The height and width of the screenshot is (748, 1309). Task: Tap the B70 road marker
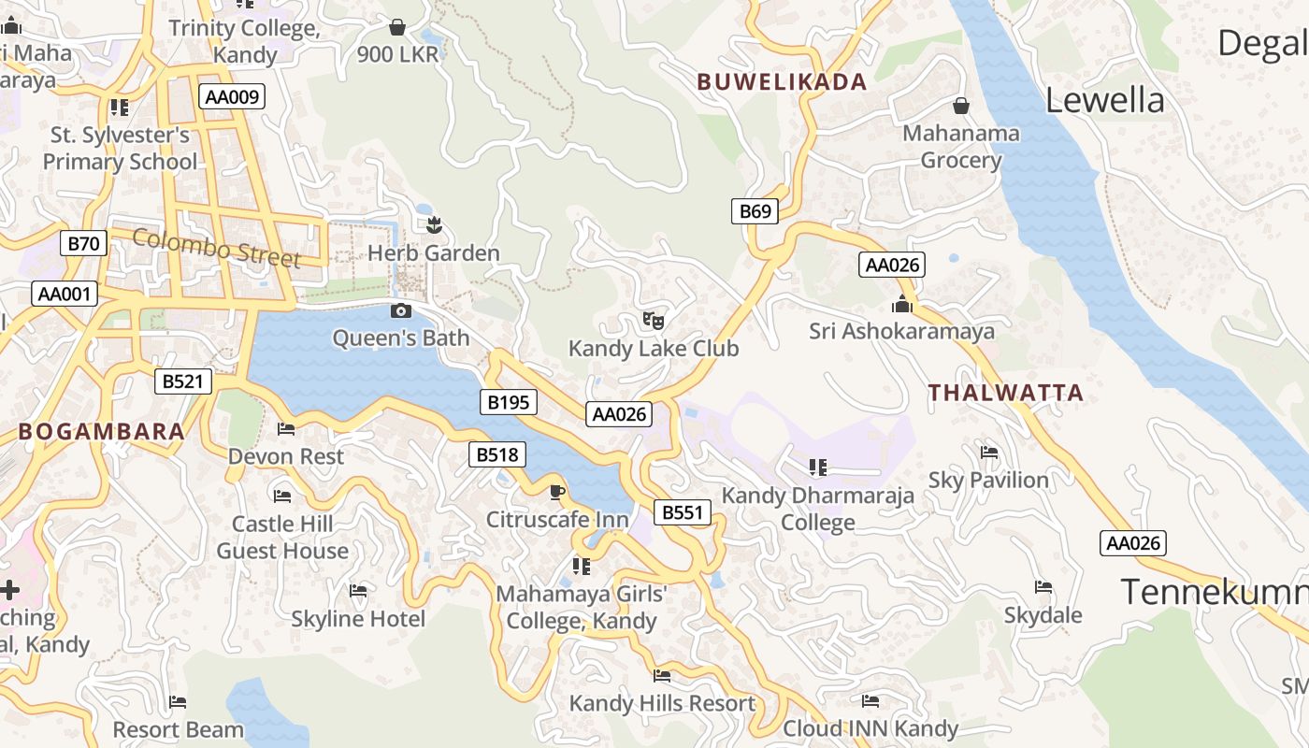coord(84,244)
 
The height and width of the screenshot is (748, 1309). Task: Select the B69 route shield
coord(755,211)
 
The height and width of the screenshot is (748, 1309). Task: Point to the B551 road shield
coord(682,512)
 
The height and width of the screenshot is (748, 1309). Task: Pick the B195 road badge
coord(509,403)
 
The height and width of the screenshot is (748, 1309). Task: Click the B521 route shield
coord(182,381)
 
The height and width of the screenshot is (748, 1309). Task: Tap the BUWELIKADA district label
coord(782,82)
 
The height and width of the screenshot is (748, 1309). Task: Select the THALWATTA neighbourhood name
coord(1005,393)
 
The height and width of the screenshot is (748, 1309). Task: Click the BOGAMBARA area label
coord(101,432)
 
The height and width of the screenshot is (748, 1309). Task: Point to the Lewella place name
coord(1104,100)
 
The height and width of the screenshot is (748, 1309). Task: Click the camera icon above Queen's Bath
coord(401,310)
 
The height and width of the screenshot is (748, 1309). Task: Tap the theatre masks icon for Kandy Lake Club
coord(654,321)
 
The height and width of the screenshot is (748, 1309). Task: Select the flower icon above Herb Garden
coord(433,224)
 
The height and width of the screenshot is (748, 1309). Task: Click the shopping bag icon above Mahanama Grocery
coord(960,106)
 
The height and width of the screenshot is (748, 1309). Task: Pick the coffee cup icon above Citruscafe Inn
coord(557,492)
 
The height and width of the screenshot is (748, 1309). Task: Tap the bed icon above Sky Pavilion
coord(988,453)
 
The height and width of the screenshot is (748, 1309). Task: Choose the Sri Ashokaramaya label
coord(901,332)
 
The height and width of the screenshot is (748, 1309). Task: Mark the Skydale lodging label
coord(1043,615)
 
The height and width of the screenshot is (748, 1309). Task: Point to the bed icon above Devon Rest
coord(286,429)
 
